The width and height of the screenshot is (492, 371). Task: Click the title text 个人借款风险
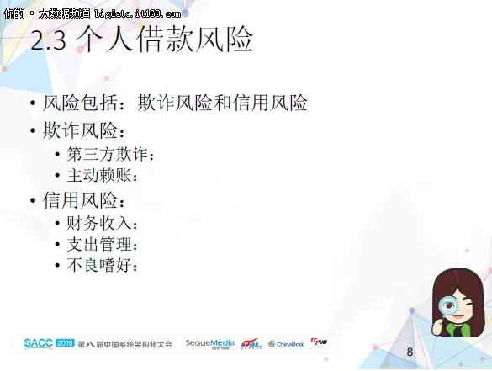click(164, 40)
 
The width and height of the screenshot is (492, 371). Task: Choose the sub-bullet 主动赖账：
click(102, 176)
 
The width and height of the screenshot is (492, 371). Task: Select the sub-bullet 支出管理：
click(102, 245)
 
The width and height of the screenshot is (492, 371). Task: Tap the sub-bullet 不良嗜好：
click(102, 266)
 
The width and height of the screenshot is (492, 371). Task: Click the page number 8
click(410, 351)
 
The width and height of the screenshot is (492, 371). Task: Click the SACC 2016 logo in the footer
click(49, 343)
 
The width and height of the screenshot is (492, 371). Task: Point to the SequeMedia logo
click(210, 343)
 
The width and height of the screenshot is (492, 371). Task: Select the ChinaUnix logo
click(285, 344)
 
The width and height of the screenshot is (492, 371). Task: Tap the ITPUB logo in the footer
click(320, 342)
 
